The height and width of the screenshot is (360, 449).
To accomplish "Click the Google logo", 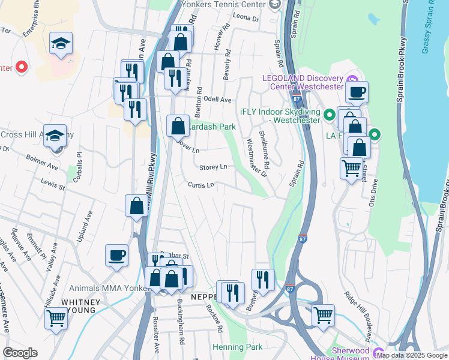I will tap(20, 353).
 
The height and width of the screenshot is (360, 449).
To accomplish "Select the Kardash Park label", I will tap(209, 127).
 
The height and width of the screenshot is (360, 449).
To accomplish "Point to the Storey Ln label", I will tap(213, 167).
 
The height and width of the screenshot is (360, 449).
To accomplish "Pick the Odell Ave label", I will tap(217, 99).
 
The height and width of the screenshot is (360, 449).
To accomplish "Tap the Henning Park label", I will tap(237, 347).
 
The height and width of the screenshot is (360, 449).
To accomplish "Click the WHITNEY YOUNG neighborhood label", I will tap(84, 307).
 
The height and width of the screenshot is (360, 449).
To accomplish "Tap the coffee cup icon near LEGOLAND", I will tap(357, 92).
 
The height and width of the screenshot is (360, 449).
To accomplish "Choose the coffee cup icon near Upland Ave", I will tap(116, 255).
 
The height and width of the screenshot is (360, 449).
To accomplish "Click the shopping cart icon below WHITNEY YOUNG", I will tap(56, 317).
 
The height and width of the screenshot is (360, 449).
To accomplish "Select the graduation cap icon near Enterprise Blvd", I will tap(61, 43).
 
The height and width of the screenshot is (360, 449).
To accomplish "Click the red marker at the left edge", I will tap(22, 67).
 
